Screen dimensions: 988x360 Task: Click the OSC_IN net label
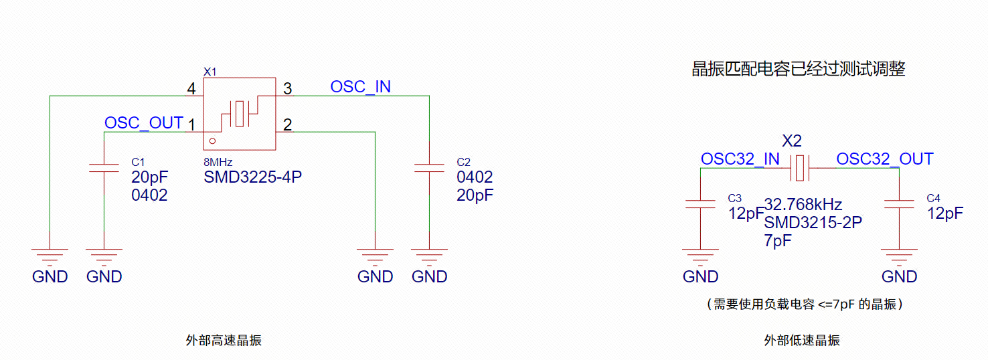360,87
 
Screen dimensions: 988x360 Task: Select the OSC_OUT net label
144,122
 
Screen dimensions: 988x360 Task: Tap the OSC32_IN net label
740,159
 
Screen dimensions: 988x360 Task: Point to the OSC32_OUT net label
885,159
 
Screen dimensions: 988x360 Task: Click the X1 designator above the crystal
210,72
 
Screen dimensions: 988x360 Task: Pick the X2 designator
792,141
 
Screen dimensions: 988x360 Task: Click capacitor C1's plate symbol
104,168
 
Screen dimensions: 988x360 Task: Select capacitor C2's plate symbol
429,168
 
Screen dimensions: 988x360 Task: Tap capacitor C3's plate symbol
700,204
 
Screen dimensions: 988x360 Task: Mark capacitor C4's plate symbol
900,204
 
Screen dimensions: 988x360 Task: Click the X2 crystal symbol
800,168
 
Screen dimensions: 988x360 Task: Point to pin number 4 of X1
191,89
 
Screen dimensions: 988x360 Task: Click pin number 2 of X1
288,125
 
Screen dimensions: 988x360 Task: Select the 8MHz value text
218,163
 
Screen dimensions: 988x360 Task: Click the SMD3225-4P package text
253,177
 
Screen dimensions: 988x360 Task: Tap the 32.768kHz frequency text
803,205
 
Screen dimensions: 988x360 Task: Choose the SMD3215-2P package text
813,223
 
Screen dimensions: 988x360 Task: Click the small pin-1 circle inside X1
213,141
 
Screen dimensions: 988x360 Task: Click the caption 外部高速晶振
224,341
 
